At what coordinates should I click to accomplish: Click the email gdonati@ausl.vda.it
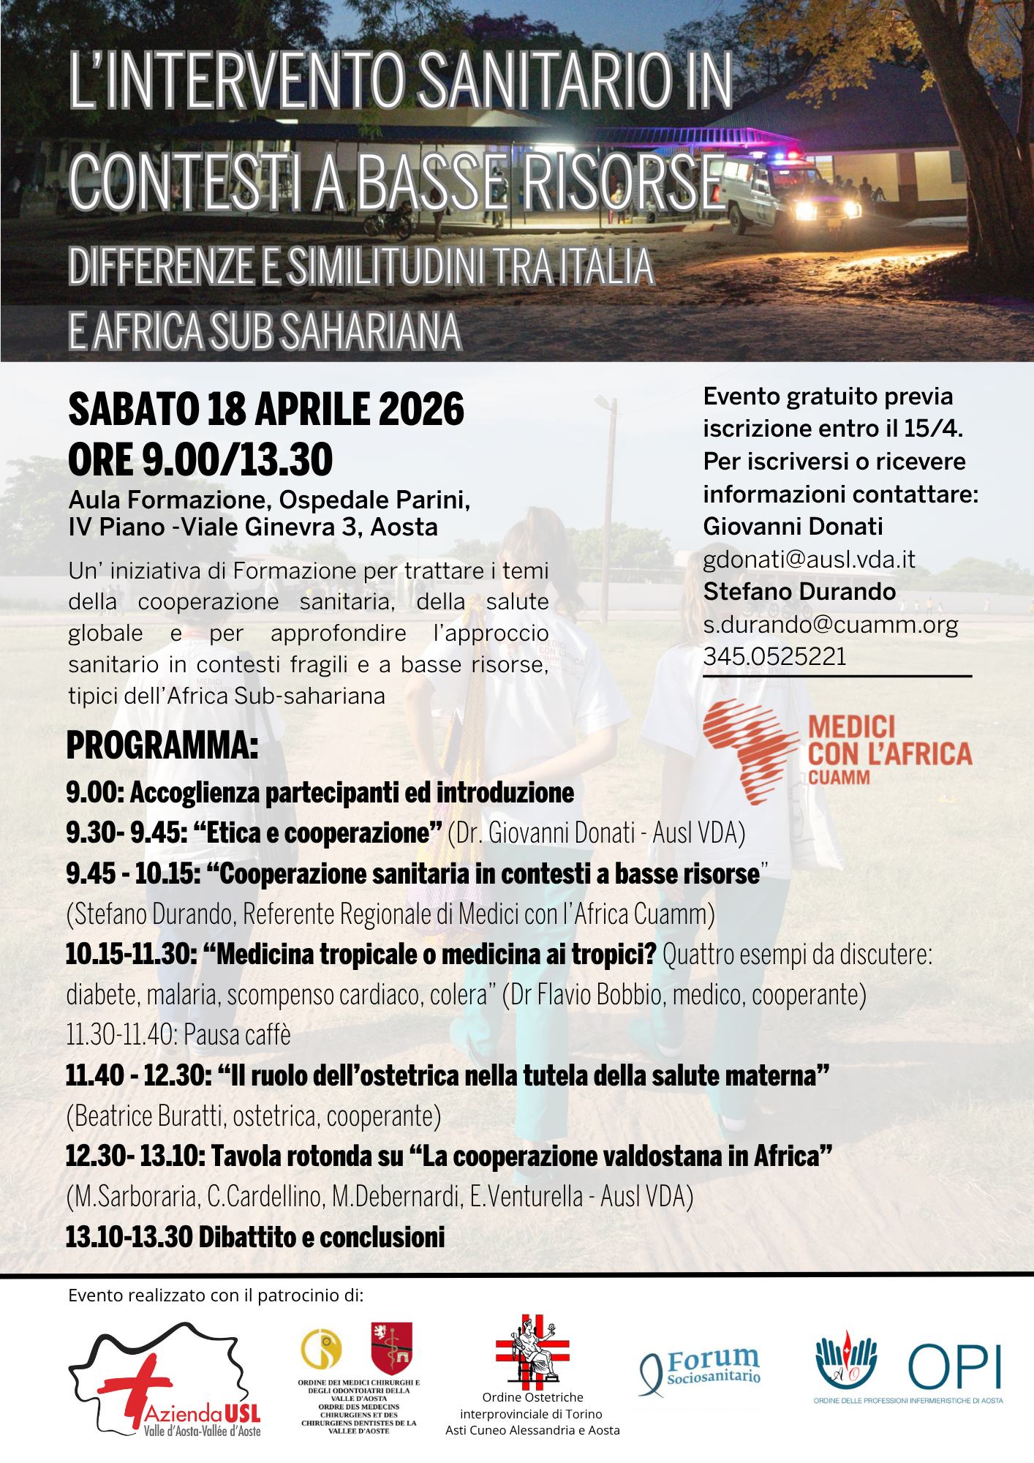(x=809, y=560)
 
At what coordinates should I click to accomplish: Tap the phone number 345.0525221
(x=774, y=657)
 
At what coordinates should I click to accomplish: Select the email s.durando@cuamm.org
(x=830, y=625)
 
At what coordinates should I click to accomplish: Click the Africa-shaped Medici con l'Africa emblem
(x=750, y=751)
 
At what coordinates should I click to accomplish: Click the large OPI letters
(x=954, y=1366)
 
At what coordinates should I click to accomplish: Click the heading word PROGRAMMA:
(x=162, y=745)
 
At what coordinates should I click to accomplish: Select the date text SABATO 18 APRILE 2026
(x=266, y=409)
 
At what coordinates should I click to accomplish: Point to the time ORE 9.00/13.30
(x=200, y=460)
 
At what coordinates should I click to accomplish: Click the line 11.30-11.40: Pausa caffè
(x=178, y=1035)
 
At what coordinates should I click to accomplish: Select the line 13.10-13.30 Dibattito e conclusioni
(x=255, y=1238)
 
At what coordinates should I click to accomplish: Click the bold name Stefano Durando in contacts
(x=799, y=592)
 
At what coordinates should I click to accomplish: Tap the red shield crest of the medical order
(x=391, y=1347)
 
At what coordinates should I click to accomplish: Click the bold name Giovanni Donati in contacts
(x=793, y=527)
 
